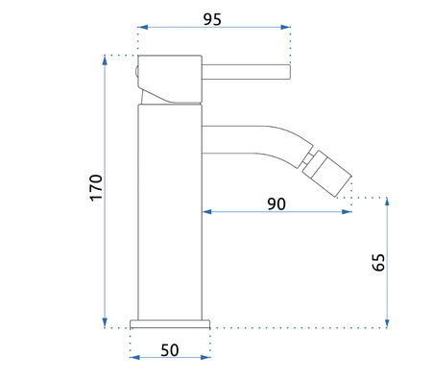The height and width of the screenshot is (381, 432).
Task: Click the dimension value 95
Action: (212, 19)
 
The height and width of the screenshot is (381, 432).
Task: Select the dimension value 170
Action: (96, 188)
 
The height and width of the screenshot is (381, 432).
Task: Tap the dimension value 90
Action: (276, 203)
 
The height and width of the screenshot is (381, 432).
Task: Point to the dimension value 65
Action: (378, 262)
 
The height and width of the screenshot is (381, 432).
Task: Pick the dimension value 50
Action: (170, 350)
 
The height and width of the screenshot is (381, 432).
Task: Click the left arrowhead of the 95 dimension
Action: (143, 27)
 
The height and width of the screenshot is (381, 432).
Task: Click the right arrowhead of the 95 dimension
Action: (285, 27)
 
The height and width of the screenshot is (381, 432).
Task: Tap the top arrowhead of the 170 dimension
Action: (105, 60)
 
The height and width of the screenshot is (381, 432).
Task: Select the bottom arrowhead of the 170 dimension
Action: (105, 322)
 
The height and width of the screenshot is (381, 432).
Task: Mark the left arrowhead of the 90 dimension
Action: (207, 212)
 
